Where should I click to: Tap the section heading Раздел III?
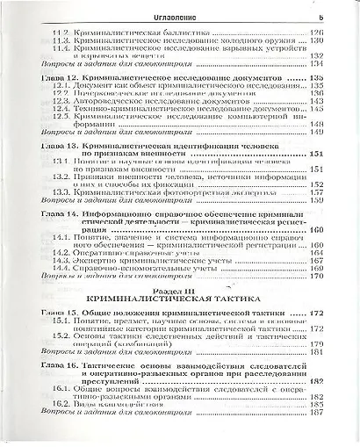pos(181,291)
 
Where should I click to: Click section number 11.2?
pos(61,32)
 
